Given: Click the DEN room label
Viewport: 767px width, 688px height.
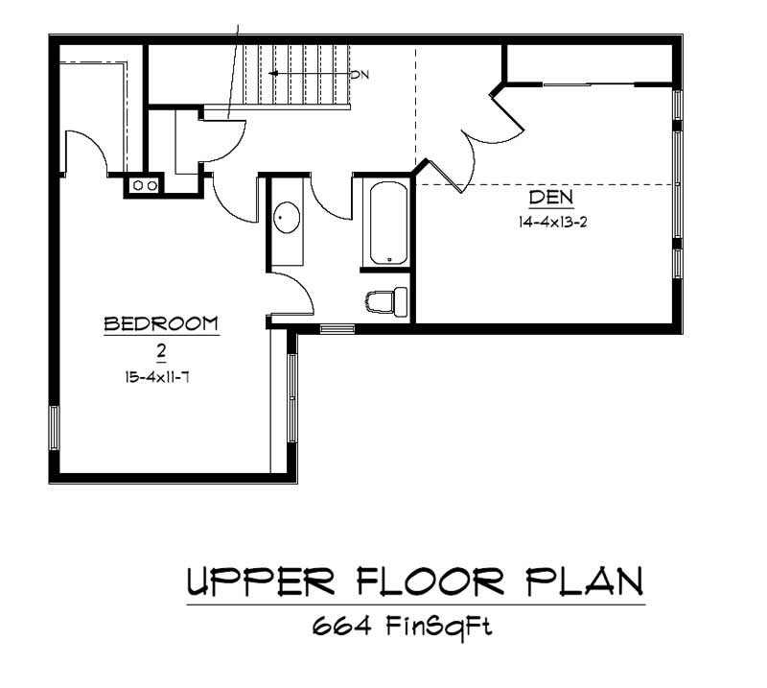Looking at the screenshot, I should click(x=550, y=199).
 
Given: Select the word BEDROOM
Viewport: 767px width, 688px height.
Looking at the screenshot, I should click(x=161, y=324).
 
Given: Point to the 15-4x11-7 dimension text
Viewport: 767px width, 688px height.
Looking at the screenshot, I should click(x=160, y=378).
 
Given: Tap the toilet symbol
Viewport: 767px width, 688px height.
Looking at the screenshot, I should click(x=385, y=301).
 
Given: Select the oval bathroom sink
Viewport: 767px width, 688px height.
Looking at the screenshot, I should click(x=285, y=218).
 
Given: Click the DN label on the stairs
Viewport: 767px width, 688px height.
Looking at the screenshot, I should click(x=360, y=74).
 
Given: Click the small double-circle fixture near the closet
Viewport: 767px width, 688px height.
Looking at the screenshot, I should click(x=144, y=185).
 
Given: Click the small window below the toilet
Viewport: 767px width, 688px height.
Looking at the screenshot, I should click(x=337, y=329).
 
